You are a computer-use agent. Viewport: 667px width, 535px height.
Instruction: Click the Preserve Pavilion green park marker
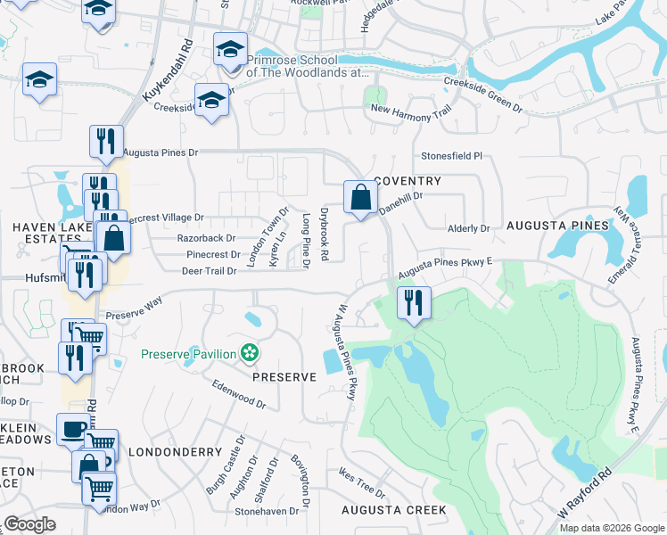[251, 354]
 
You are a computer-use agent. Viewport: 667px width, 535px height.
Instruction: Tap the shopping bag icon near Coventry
[359, 198]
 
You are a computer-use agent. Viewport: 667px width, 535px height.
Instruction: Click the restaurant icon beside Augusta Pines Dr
[104, 142]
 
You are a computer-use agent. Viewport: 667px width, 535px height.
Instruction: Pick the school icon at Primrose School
[230, 49]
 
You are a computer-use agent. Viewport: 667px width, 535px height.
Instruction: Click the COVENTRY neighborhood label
[408, 181]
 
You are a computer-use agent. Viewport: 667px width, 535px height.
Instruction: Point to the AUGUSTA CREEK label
[393, 510]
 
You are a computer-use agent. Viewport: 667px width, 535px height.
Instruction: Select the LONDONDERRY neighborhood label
[175, 452]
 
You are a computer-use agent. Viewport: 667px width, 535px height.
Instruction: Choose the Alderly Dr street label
[469, 228]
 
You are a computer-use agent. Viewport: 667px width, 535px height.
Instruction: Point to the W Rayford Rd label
[586, 493]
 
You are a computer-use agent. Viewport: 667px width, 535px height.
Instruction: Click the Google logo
[29, 524]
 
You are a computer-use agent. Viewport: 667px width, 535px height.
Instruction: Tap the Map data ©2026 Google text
[610, 528]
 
